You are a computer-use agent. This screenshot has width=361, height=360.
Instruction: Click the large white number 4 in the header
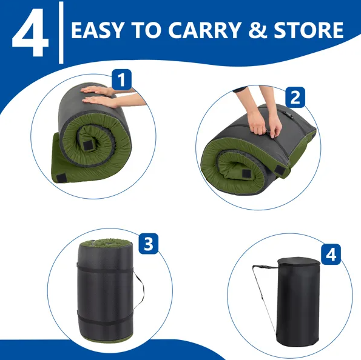(30, 33)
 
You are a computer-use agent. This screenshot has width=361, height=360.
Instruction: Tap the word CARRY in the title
(204, 30)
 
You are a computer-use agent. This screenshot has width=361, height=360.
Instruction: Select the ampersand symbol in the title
(257, 30)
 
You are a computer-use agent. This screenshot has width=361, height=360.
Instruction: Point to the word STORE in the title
(308, 30)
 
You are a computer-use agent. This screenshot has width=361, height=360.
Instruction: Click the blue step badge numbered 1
(121, 79)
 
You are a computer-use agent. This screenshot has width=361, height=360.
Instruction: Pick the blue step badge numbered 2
(295, 97)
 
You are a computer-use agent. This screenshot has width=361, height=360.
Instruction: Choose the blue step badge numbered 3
(149, 244)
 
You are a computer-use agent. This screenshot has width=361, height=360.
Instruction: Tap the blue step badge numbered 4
(331, 254)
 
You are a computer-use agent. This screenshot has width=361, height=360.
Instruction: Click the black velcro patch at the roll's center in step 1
(88, 145)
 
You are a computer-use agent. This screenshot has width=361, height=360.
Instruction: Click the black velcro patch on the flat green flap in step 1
(61, 178)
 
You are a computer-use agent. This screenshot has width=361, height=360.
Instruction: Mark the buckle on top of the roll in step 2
(289, 115)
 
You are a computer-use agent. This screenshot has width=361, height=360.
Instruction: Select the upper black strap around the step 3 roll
(105, 268)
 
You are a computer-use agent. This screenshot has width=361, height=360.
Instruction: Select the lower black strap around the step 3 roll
(105, 319)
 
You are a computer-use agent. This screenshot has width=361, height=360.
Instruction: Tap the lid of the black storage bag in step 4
(299, 262)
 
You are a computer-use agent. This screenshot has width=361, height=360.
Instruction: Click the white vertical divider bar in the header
(61, 33)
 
